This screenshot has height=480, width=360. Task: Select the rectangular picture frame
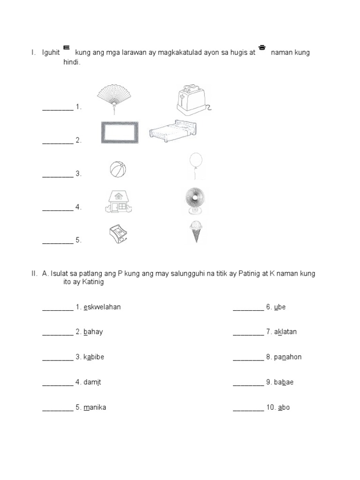[120, 132]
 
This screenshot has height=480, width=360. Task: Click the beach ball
[118, 169]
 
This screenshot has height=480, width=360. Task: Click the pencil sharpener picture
[118, 233]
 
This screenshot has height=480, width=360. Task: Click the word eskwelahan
[102, 307]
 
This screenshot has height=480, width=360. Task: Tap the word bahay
[93, 332]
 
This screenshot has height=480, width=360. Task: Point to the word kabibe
[94, 357]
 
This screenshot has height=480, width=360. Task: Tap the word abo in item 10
[284, 407]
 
